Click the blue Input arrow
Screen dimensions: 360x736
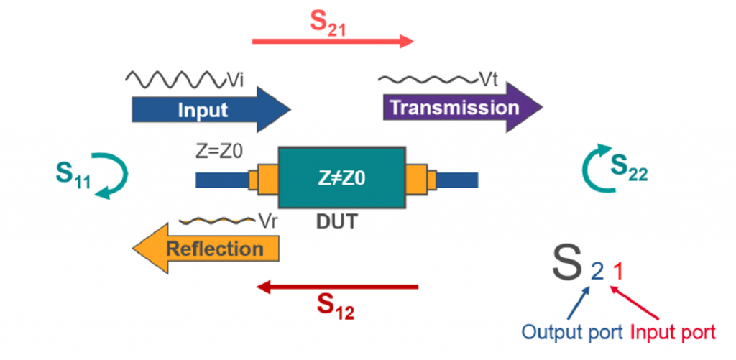[208, 110]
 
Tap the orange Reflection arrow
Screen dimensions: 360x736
[208, 249]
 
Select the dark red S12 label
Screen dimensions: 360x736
[336, 308]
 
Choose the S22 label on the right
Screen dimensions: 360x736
[630, 166]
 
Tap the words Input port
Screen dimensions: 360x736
[673, 333]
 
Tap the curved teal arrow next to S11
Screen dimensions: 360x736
[116, 177]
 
